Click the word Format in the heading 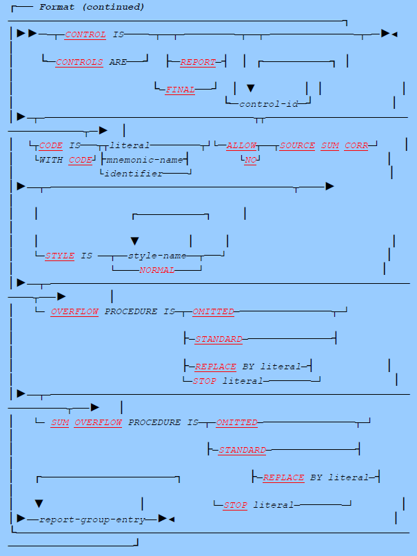pos(54,7)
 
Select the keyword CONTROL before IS pos(85,34)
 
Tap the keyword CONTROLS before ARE pos(79,62)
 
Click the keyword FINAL pos(180,90)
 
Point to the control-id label pos(265,104)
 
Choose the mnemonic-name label pos(143,159)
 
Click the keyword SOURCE pos(297,145)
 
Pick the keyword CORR pos(356,145)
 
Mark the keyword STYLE pos(59,256)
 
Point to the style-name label pos(156,256)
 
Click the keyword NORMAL pos(156,270)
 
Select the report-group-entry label pos(92,519)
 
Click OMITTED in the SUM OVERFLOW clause pos(236,422)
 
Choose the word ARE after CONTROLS pos(118,62)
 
